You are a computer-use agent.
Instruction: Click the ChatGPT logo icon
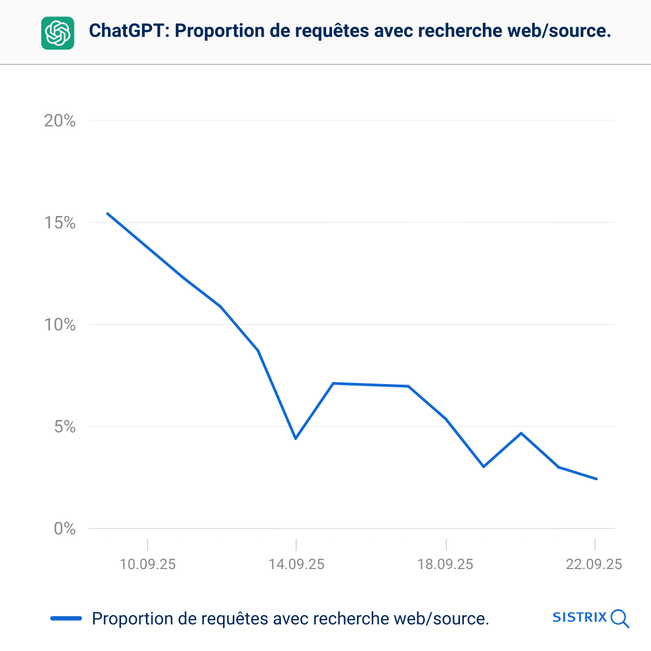click(58, 33)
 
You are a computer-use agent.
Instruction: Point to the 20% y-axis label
click(60, 120)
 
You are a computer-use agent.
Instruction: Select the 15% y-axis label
click(60, 222)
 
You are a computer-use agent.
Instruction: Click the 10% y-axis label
click(60, 324)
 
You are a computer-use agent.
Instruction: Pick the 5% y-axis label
click(65, 426)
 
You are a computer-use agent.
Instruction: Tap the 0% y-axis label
click(65, 528)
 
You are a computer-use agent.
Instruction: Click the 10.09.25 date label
click(148, 564)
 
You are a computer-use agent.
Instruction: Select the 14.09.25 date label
click(296, 564)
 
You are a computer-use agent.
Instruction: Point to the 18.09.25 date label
click(445, 564)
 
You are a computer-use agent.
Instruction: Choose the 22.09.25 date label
click(594, 564)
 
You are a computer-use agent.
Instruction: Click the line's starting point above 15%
click(107, 213)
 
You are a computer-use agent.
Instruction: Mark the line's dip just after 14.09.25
click(296, 438)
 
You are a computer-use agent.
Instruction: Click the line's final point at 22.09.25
click(596, 479)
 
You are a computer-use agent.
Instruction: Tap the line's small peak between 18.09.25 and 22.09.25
click(521, 433)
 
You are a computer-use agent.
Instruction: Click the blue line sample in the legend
click(66, 618)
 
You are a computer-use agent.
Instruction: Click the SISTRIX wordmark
click(579, 617)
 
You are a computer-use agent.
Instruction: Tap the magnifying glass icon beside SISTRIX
click(620, 618)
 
